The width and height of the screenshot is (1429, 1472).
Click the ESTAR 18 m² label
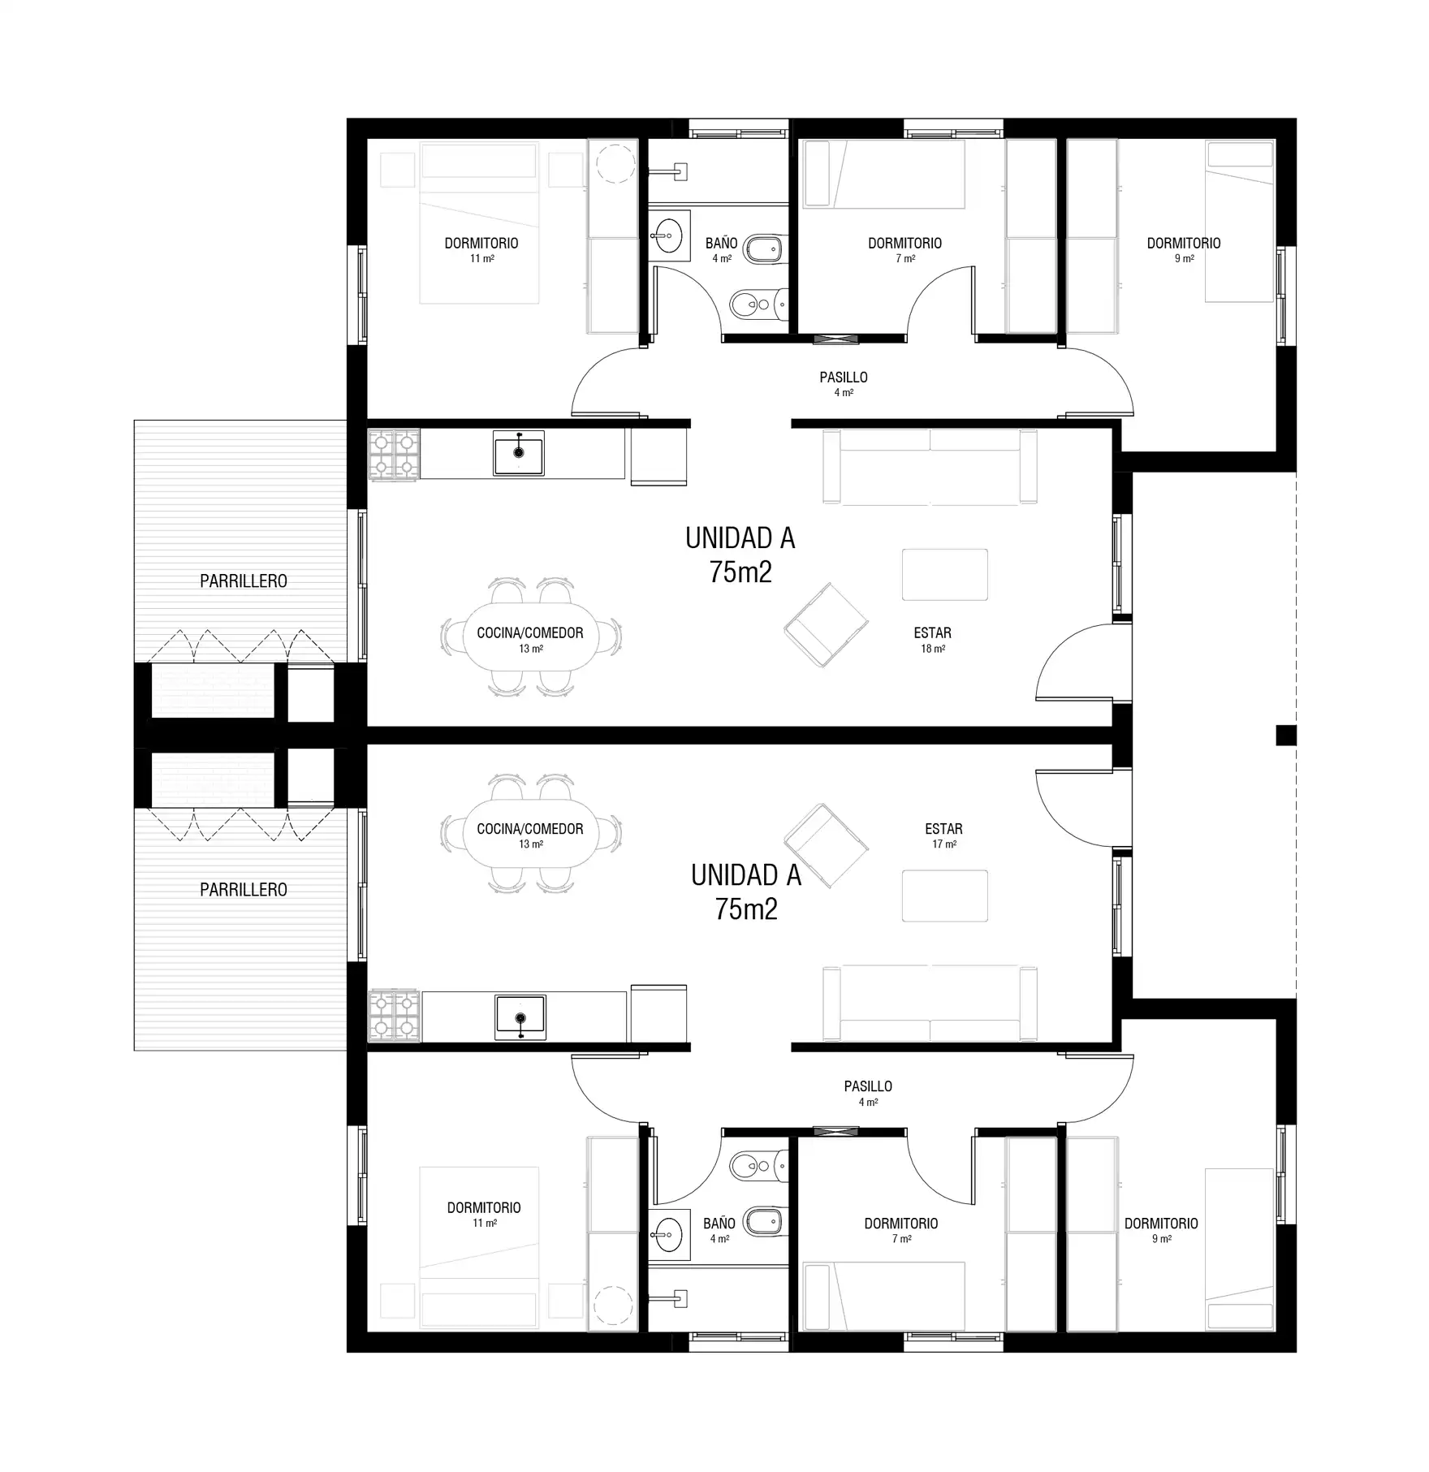click(932, 640)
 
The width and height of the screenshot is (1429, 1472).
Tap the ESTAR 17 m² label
click(943, 835)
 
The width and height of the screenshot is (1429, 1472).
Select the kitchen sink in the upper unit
click(519, 452)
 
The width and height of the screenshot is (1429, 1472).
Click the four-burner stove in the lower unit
click(395, 1016)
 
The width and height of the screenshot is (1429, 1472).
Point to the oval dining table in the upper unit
click(531, 638)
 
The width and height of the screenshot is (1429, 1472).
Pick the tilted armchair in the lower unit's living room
click(826, 845)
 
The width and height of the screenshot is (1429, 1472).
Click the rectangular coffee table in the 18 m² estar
click(945, 575)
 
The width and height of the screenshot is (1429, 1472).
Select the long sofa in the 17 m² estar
click(930, 1004)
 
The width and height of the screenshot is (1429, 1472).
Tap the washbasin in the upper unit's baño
click(669, 236)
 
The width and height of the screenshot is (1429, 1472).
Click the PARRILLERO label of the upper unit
click(244, 581)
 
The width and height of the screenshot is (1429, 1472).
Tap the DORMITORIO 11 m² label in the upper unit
click(481, 250)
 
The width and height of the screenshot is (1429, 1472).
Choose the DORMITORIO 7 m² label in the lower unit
click(901, 1230)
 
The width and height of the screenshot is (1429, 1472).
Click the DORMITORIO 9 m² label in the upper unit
click(1184, 250)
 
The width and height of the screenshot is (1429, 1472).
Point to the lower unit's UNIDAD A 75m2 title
click(746, 892)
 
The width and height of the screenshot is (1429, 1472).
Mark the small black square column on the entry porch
click(1286, 735)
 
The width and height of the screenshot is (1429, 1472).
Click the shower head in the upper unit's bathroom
click(680, 172)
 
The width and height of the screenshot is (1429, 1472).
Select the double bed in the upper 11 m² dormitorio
click(479, 224)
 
